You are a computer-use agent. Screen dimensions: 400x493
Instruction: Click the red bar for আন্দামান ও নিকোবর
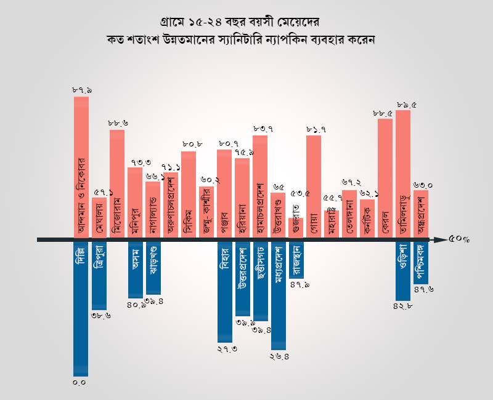tap(81, 166)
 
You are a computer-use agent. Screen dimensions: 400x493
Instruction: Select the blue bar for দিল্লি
tap(81, 308)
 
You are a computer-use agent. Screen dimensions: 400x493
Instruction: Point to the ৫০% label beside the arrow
tap(460, 239)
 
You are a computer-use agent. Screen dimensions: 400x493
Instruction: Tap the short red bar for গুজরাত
tap(296, 226)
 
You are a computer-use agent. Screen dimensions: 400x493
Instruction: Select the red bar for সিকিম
tap(189, 194)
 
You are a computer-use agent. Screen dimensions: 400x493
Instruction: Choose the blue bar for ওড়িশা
tap(403, 271)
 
